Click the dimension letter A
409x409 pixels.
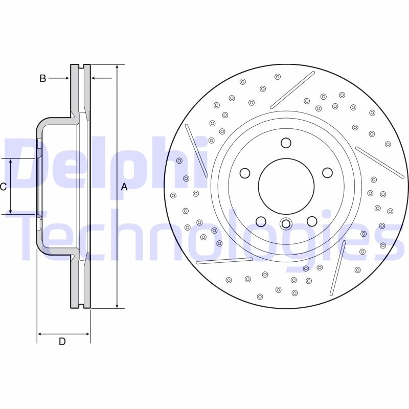(124, 187)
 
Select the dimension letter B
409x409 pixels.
(43, 78)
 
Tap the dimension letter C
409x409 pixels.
(3, 187)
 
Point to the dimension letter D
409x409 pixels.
(62, 342)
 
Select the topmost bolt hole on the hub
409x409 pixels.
(286, 143)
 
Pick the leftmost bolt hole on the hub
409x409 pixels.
(245, 173)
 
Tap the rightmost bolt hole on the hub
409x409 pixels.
(327, 173)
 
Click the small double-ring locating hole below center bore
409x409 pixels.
(286, 223)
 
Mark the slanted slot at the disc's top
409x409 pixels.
(292, 90)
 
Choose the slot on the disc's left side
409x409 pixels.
(196, 150)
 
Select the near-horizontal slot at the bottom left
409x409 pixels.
(224, 261)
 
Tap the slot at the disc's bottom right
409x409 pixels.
(338, 268)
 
